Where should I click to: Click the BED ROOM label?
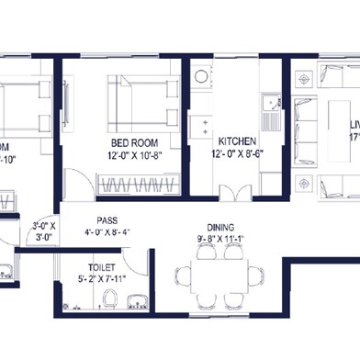[x=134, y=143]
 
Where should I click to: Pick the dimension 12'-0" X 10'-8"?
[x=135, y=156]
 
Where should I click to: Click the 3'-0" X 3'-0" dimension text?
[x=44, y=231]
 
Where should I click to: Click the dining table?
[x=219, y=275]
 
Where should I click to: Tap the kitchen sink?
[x=270, y=116]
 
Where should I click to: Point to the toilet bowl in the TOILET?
[x=110, y=298]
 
